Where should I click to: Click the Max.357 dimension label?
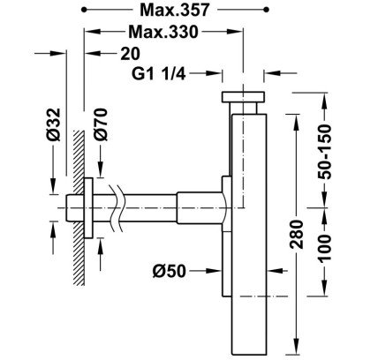pyautogui.click(x=175, y=11)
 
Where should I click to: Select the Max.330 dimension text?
pyautogui.click(x=163, y=32)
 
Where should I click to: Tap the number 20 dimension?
pyautogui.click(x=130, y=54)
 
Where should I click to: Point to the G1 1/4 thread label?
pyautogui.click(x=158, y=73)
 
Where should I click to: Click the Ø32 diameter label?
pyautogui.click(x=54, y=124)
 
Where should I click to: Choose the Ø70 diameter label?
pyautogui.click(x=101, y=124)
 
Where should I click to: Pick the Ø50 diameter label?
pyautogui.click(x=170, y=271)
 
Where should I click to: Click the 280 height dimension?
pyautogui.click(x=296, y=234)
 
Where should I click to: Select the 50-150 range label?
pyautogui.click(x=325, y=152)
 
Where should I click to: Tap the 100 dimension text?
pyautogui.click(x=325, y=249)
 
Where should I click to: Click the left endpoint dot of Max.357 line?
pyautogui.click(x=84, y=10)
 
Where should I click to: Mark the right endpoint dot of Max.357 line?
pyautogui.click(x=267, y=10)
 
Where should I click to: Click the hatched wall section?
pyautogui.click(x=79, y=207)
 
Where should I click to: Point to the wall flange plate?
pyautogui.click(x=89, y=207)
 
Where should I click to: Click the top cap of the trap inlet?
pyautogui.click(x=243, y=97)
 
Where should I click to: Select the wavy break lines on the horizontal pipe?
pyautogui.click(x=115, y=207)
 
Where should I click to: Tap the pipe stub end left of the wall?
pyautogui.click(x=70, y=207)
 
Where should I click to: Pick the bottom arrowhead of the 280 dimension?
pyautogui.click(x=296, y=348)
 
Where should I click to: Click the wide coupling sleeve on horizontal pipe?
pyautogui.click(x=200, y=207)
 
